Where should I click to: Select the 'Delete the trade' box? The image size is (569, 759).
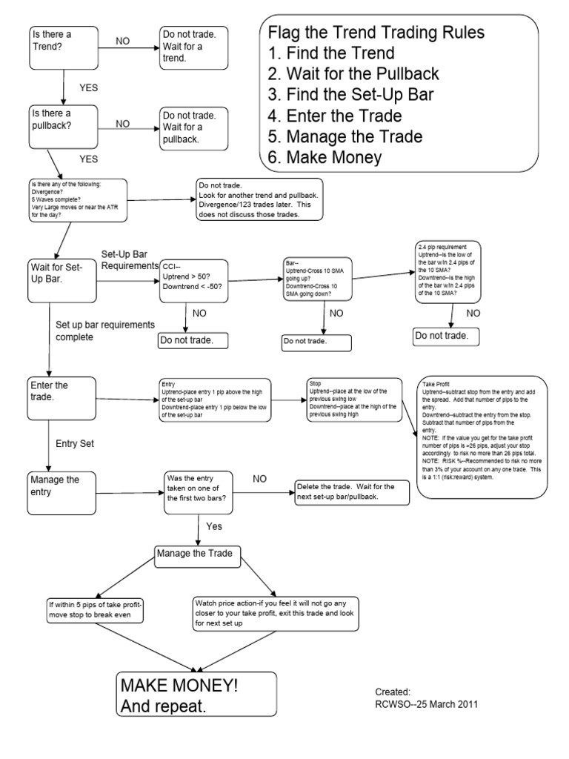coord(352,491)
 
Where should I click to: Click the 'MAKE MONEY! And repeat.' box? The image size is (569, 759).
coord(195,695)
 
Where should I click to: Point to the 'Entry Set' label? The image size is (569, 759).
coord(75,443)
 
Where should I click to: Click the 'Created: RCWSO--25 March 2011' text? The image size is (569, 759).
coord(421,697)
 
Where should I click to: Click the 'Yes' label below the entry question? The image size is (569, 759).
coord(213,526)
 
